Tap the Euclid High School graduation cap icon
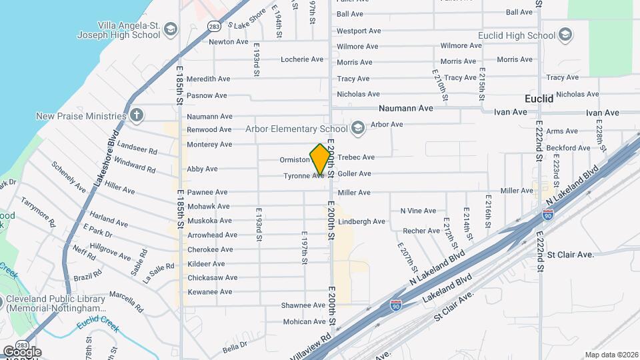[x=565, y=35]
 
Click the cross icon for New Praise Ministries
[x=137, y=116]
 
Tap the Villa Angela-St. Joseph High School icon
[x=171, y=29]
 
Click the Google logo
[x=22, y=352]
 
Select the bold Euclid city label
[x=539, y=99]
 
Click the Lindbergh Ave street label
[x=361, y=221]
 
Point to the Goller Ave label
[x=354, y=174]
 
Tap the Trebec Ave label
[x=356, y=157]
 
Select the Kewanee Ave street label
[x=209, y=292]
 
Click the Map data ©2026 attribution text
[x=611, y=355]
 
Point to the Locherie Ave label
[x=302, y=59]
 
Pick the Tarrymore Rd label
[x=36, y=211]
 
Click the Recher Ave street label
[x=421, y=231]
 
